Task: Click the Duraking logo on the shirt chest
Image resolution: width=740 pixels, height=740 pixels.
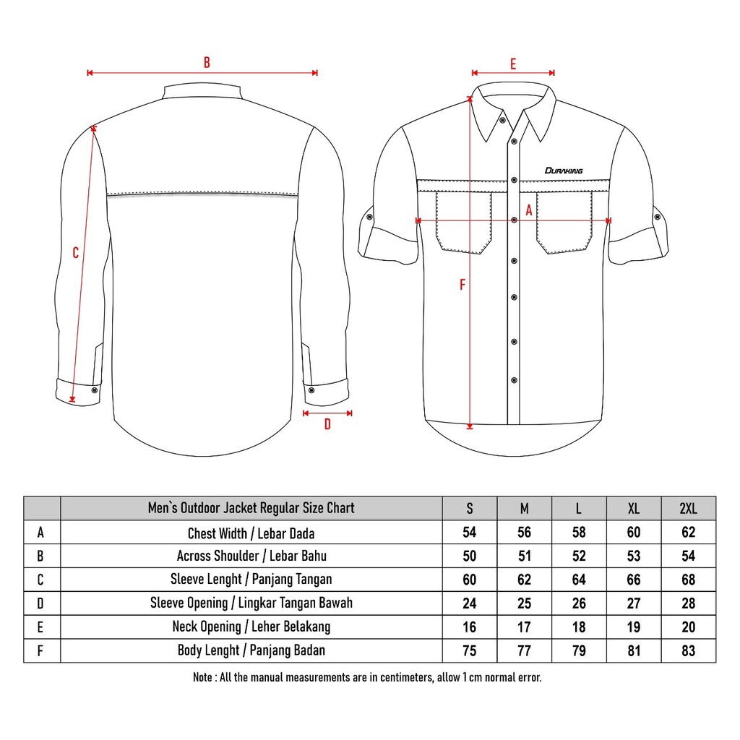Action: click(x=564, y=171)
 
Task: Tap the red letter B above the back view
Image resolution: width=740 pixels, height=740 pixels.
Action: click(x=207, y=63)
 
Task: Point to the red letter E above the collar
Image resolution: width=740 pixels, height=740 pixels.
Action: click(x=513, y=64)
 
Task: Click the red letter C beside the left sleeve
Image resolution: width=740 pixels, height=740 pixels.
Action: click(x=76, y=253)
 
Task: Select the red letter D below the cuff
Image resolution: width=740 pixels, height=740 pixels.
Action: click(x=327, y=425)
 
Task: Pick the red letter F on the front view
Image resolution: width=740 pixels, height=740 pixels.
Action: click(x=462, y=285)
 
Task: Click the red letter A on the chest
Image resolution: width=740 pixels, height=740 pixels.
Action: click(x=528, y=211)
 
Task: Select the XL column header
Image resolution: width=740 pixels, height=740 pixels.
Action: click(x=634, y=508)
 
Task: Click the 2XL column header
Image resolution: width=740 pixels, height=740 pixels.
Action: click(x=688, y=508)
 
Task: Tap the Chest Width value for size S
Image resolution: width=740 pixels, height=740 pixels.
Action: click(x=470, y=533)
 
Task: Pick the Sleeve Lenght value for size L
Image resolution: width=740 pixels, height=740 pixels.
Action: click(x=579, y=580)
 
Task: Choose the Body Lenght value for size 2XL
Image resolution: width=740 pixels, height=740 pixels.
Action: click(x=688, y=650)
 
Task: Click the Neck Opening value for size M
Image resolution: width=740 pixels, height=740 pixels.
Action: click(x=525, y=627)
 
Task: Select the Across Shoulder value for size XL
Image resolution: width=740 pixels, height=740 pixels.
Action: click(x=634, y=556)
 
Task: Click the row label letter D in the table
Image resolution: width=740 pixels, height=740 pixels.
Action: click(x=41, y=603)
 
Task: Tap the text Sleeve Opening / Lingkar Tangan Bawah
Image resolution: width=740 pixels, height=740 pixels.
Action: click(x=251, y=603)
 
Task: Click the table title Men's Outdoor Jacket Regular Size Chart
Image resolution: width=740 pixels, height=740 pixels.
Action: click(x=251, y=508)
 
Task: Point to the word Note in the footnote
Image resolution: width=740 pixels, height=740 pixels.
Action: click(x=202, y=678)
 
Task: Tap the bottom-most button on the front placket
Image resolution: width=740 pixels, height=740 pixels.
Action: click(x=514, y=379)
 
